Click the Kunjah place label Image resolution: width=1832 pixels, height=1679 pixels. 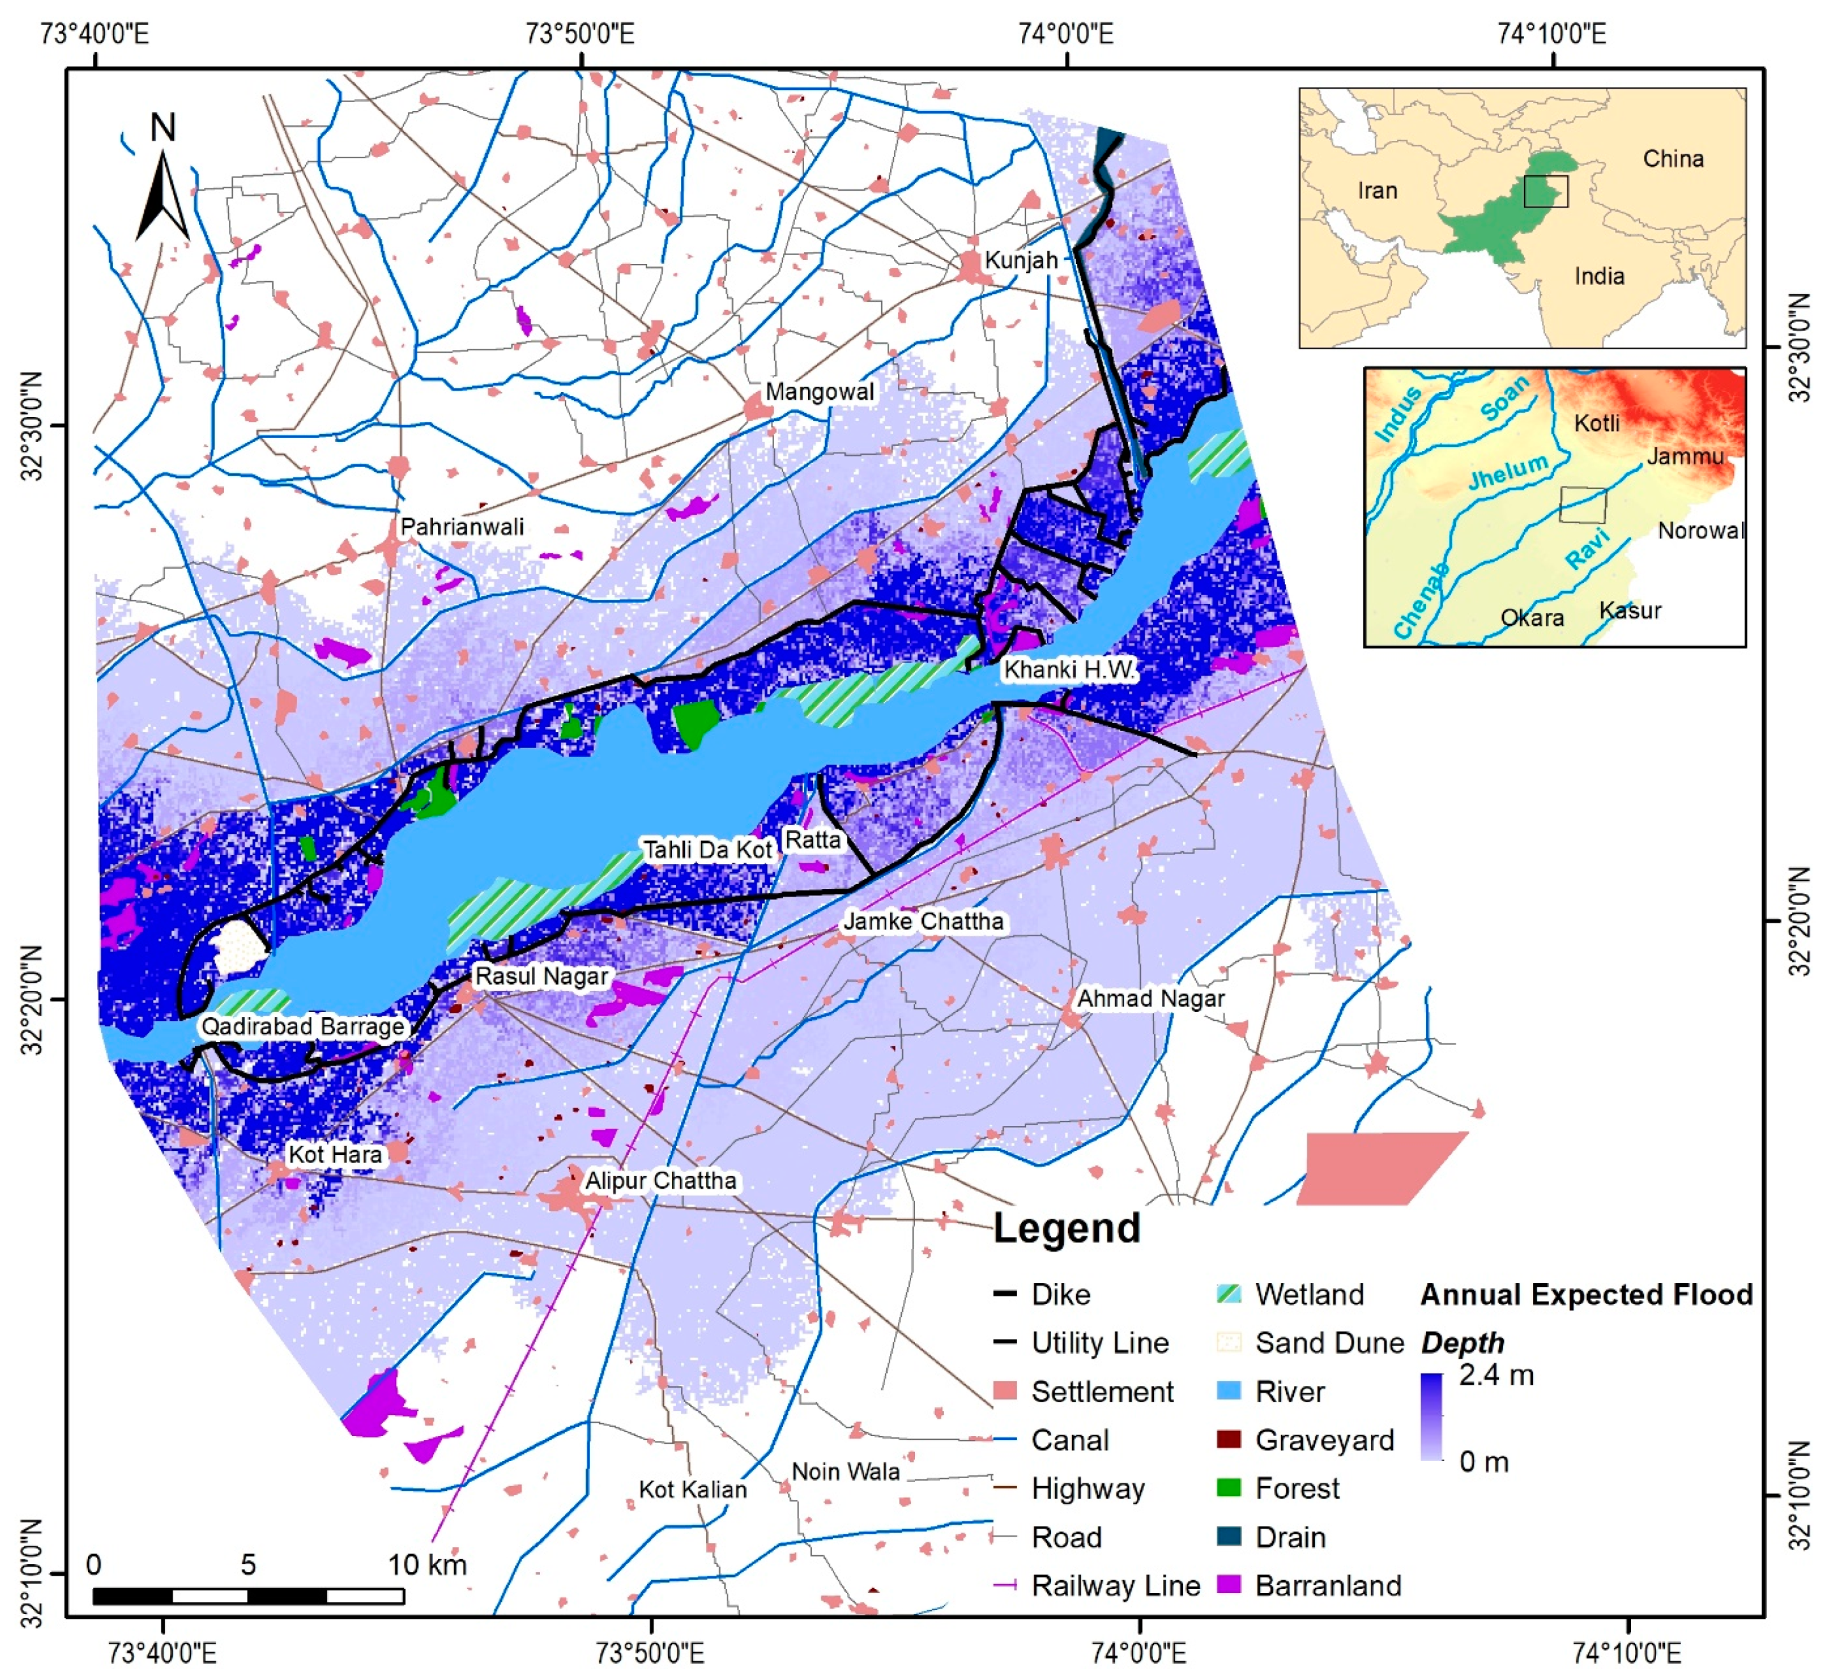click(x=1022, y=260)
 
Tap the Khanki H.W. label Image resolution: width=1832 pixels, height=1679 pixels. click(x=1069, y=670)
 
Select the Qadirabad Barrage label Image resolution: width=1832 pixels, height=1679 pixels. click(x=303, y=1027)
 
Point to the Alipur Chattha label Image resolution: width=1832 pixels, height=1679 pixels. click(x=661, y=1180)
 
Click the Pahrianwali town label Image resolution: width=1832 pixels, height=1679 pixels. click(x=462, y=526)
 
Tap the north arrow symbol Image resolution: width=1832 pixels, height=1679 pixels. click(x=163, y=182)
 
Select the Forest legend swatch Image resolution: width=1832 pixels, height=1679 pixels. click(x=1229, y=1488)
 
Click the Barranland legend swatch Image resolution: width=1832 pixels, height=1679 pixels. click(x=1229, y=1585)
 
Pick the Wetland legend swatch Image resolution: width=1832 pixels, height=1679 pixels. click(x=1229, y=1294)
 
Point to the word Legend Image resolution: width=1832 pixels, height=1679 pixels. click(x=1066, y=1228)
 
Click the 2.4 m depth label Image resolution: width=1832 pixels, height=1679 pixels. click(x=1496, y=1375)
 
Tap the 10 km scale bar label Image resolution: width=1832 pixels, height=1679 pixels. click(x=427, y=1564)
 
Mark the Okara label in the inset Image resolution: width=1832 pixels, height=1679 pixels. click(x=1532, y=618)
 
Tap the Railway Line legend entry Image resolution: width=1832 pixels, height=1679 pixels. click(x=1115, y=1585)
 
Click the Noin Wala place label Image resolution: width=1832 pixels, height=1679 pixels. click(x=845, y=1471)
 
